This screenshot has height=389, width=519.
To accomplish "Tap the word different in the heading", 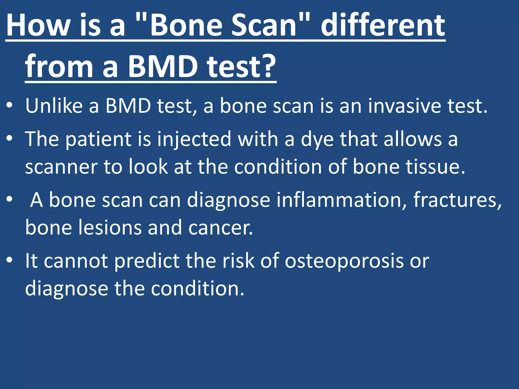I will [383, 25].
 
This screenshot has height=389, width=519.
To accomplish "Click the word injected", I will [194, 139].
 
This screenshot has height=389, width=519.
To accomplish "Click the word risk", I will [238, 261].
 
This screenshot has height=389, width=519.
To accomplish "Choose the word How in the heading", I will [38, 25].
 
